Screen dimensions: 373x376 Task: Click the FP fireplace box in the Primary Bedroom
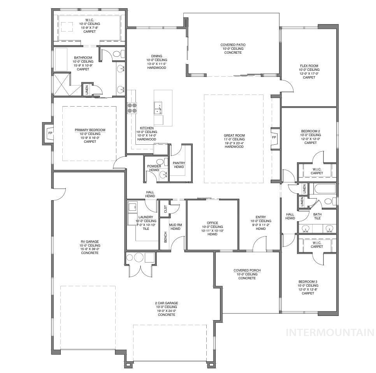pos(49,133)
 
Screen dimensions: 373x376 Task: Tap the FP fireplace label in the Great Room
pos(274,137)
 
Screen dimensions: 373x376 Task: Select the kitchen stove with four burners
pos(132,107)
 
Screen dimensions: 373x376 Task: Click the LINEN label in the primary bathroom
pos(86,89)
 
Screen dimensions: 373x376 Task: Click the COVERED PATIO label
pos(233,45)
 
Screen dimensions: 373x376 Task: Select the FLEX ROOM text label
pos(309,66)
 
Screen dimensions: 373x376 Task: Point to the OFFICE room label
pos(212,223)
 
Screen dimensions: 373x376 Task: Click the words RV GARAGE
pos(90,242)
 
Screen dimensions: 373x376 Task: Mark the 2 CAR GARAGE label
pos(167,303)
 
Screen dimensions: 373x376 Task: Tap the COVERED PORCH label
pos(247,270)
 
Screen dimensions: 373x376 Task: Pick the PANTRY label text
pos(179,163)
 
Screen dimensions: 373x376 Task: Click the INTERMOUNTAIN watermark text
pos(330,333)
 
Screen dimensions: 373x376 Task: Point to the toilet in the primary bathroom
pos(118,54)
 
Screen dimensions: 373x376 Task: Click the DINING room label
pos(156,56)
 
